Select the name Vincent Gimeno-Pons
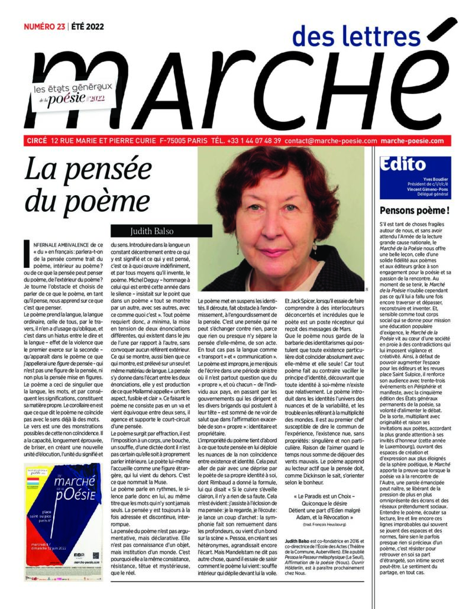click(428, 187)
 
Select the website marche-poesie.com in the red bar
click(412, 141)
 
